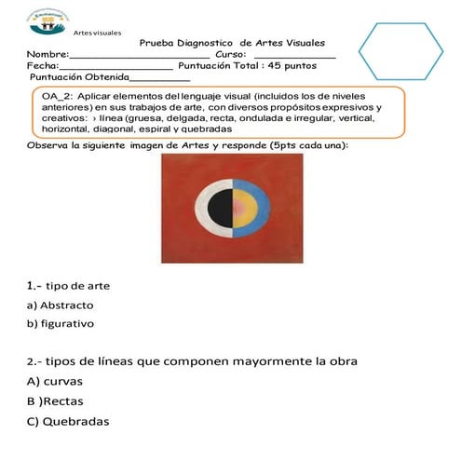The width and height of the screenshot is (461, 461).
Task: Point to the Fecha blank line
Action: point(115,69)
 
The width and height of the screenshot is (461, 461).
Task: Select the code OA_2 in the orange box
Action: point(58,96)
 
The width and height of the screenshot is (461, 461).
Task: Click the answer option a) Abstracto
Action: point(60,305)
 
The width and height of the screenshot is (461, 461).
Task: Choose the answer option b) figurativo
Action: point(61,324)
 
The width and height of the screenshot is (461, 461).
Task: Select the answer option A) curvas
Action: point(55,381)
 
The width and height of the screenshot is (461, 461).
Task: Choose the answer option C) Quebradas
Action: point(68,422)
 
